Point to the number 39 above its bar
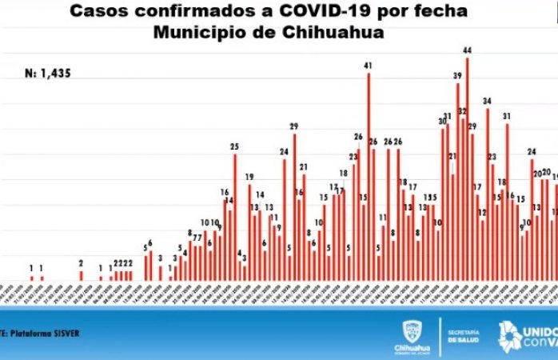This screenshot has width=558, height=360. click(x=457, y=76)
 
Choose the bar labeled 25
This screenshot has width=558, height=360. click(x=235, y=216)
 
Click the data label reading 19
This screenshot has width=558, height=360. click(x=249, y=177)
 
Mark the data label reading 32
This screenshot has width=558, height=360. click(x=462, y=110)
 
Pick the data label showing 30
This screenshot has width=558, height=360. click(x=442, y=121)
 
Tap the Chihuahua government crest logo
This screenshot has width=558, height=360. click(x=412, y=330)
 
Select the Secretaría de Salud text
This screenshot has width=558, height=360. click(x=464, y=335)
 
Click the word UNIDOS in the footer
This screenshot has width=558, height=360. click(x=540, y=329)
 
